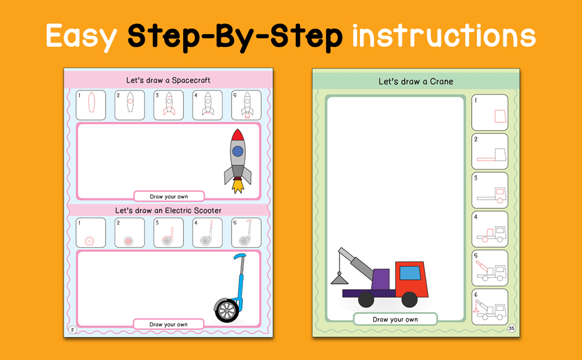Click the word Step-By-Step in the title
[x=235, y=37]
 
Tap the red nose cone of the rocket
[x=238, y=135]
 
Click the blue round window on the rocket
[x=238, y=151]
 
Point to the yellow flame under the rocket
[x=238, y=185]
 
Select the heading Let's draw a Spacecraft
[x=168, y=80]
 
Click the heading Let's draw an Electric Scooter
[x=168, y=211]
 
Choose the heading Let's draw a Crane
[x=416, y=81]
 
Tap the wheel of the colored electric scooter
[x=226, y=310]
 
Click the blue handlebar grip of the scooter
[x=239, y=256]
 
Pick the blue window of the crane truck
[x=410, y=273]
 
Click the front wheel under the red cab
[x=409, y=299]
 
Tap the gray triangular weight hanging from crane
[x=339, y=279]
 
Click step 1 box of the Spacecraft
[x=91, y=105]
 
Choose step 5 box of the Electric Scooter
[x=246, y=233]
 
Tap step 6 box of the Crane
[x=490, y=307]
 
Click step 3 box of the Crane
[x=490, y=190]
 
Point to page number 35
[x=511, y=328]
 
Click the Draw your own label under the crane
[x=395, y=320]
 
